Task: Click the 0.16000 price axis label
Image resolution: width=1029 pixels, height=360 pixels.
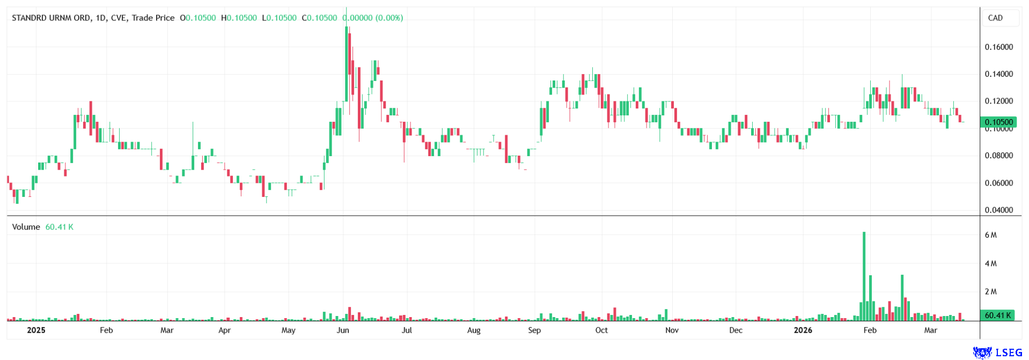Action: point(998,47)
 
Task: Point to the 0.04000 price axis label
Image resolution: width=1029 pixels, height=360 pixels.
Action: point(998,210)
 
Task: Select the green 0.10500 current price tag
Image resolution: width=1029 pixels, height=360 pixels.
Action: point(998,122)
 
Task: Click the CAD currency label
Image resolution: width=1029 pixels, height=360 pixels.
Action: point(995,18)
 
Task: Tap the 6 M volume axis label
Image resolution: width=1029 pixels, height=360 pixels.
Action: point(990,235)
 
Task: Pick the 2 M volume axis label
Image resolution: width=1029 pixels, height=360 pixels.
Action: point(990,292)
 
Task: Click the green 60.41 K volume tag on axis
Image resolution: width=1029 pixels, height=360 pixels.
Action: point(997,315)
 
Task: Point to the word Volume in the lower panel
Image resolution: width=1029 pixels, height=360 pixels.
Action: point(26,227)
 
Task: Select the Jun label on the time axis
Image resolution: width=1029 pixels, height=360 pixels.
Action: point(343,330)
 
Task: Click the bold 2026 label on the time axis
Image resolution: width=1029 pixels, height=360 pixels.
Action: point(803,330)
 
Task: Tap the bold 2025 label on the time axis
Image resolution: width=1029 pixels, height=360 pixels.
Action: point(36,330)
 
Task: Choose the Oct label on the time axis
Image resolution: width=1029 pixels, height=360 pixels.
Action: point(601,330)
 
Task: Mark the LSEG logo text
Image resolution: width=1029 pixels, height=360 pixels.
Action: point(1009,352)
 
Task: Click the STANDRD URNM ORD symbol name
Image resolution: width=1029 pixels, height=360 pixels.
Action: point(51,18)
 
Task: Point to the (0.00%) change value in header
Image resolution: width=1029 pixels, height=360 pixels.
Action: point(389,18)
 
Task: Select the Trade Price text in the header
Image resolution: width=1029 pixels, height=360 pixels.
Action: point(153,18)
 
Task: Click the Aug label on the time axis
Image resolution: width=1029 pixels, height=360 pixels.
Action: point(474,330)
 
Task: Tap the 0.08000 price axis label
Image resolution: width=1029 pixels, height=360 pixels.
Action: point(998,156)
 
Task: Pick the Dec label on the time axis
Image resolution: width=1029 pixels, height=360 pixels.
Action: point(736,330)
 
